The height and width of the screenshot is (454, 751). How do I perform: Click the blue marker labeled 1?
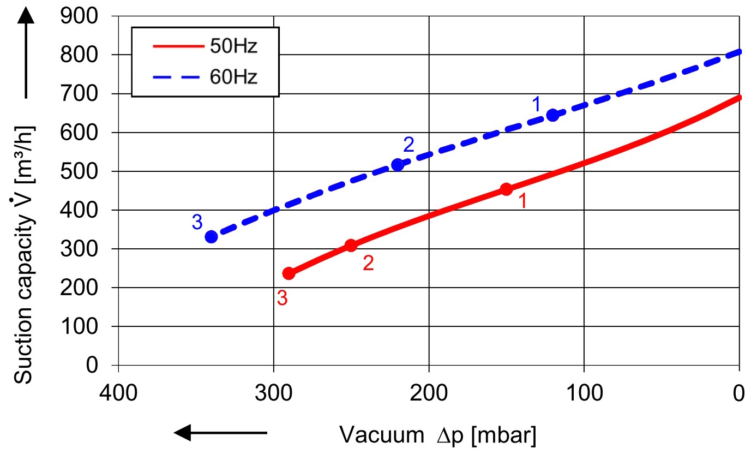coord(553,115)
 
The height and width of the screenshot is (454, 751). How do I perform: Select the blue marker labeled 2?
coord(398,165)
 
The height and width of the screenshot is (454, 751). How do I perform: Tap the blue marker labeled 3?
coord(212,237)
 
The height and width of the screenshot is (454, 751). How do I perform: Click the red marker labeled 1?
coord(506,189)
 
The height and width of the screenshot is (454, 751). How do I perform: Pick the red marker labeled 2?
coord(351,246)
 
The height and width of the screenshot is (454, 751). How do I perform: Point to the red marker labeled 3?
coord(289,273)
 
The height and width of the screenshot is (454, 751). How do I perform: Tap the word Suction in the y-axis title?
coord(23,349)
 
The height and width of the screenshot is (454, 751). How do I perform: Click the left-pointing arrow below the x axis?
coord(220,433)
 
